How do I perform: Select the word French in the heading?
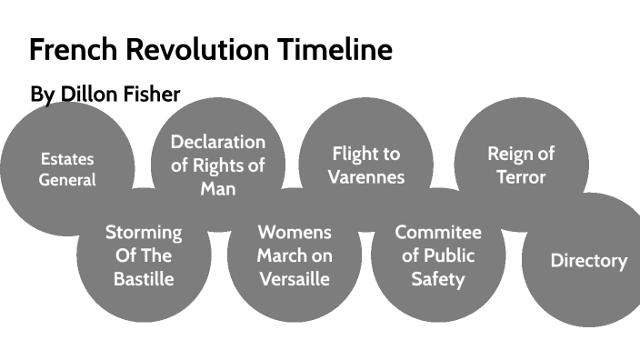68,50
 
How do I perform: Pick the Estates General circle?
66,169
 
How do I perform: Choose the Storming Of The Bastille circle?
144,255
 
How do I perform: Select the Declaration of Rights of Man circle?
218,165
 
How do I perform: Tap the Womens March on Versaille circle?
294,255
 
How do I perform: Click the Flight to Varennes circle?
365,165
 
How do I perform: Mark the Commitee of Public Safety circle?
438,255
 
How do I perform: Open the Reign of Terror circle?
521,165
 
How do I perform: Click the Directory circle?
588,261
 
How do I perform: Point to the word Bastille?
144,279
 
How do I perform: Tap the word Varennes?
365,176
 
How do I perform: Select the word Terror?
521,176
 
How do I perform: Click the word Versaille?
294,279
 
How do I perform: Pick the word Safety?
438,279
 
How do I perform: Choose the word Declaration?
218,142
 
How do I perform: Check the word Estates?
66,158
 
